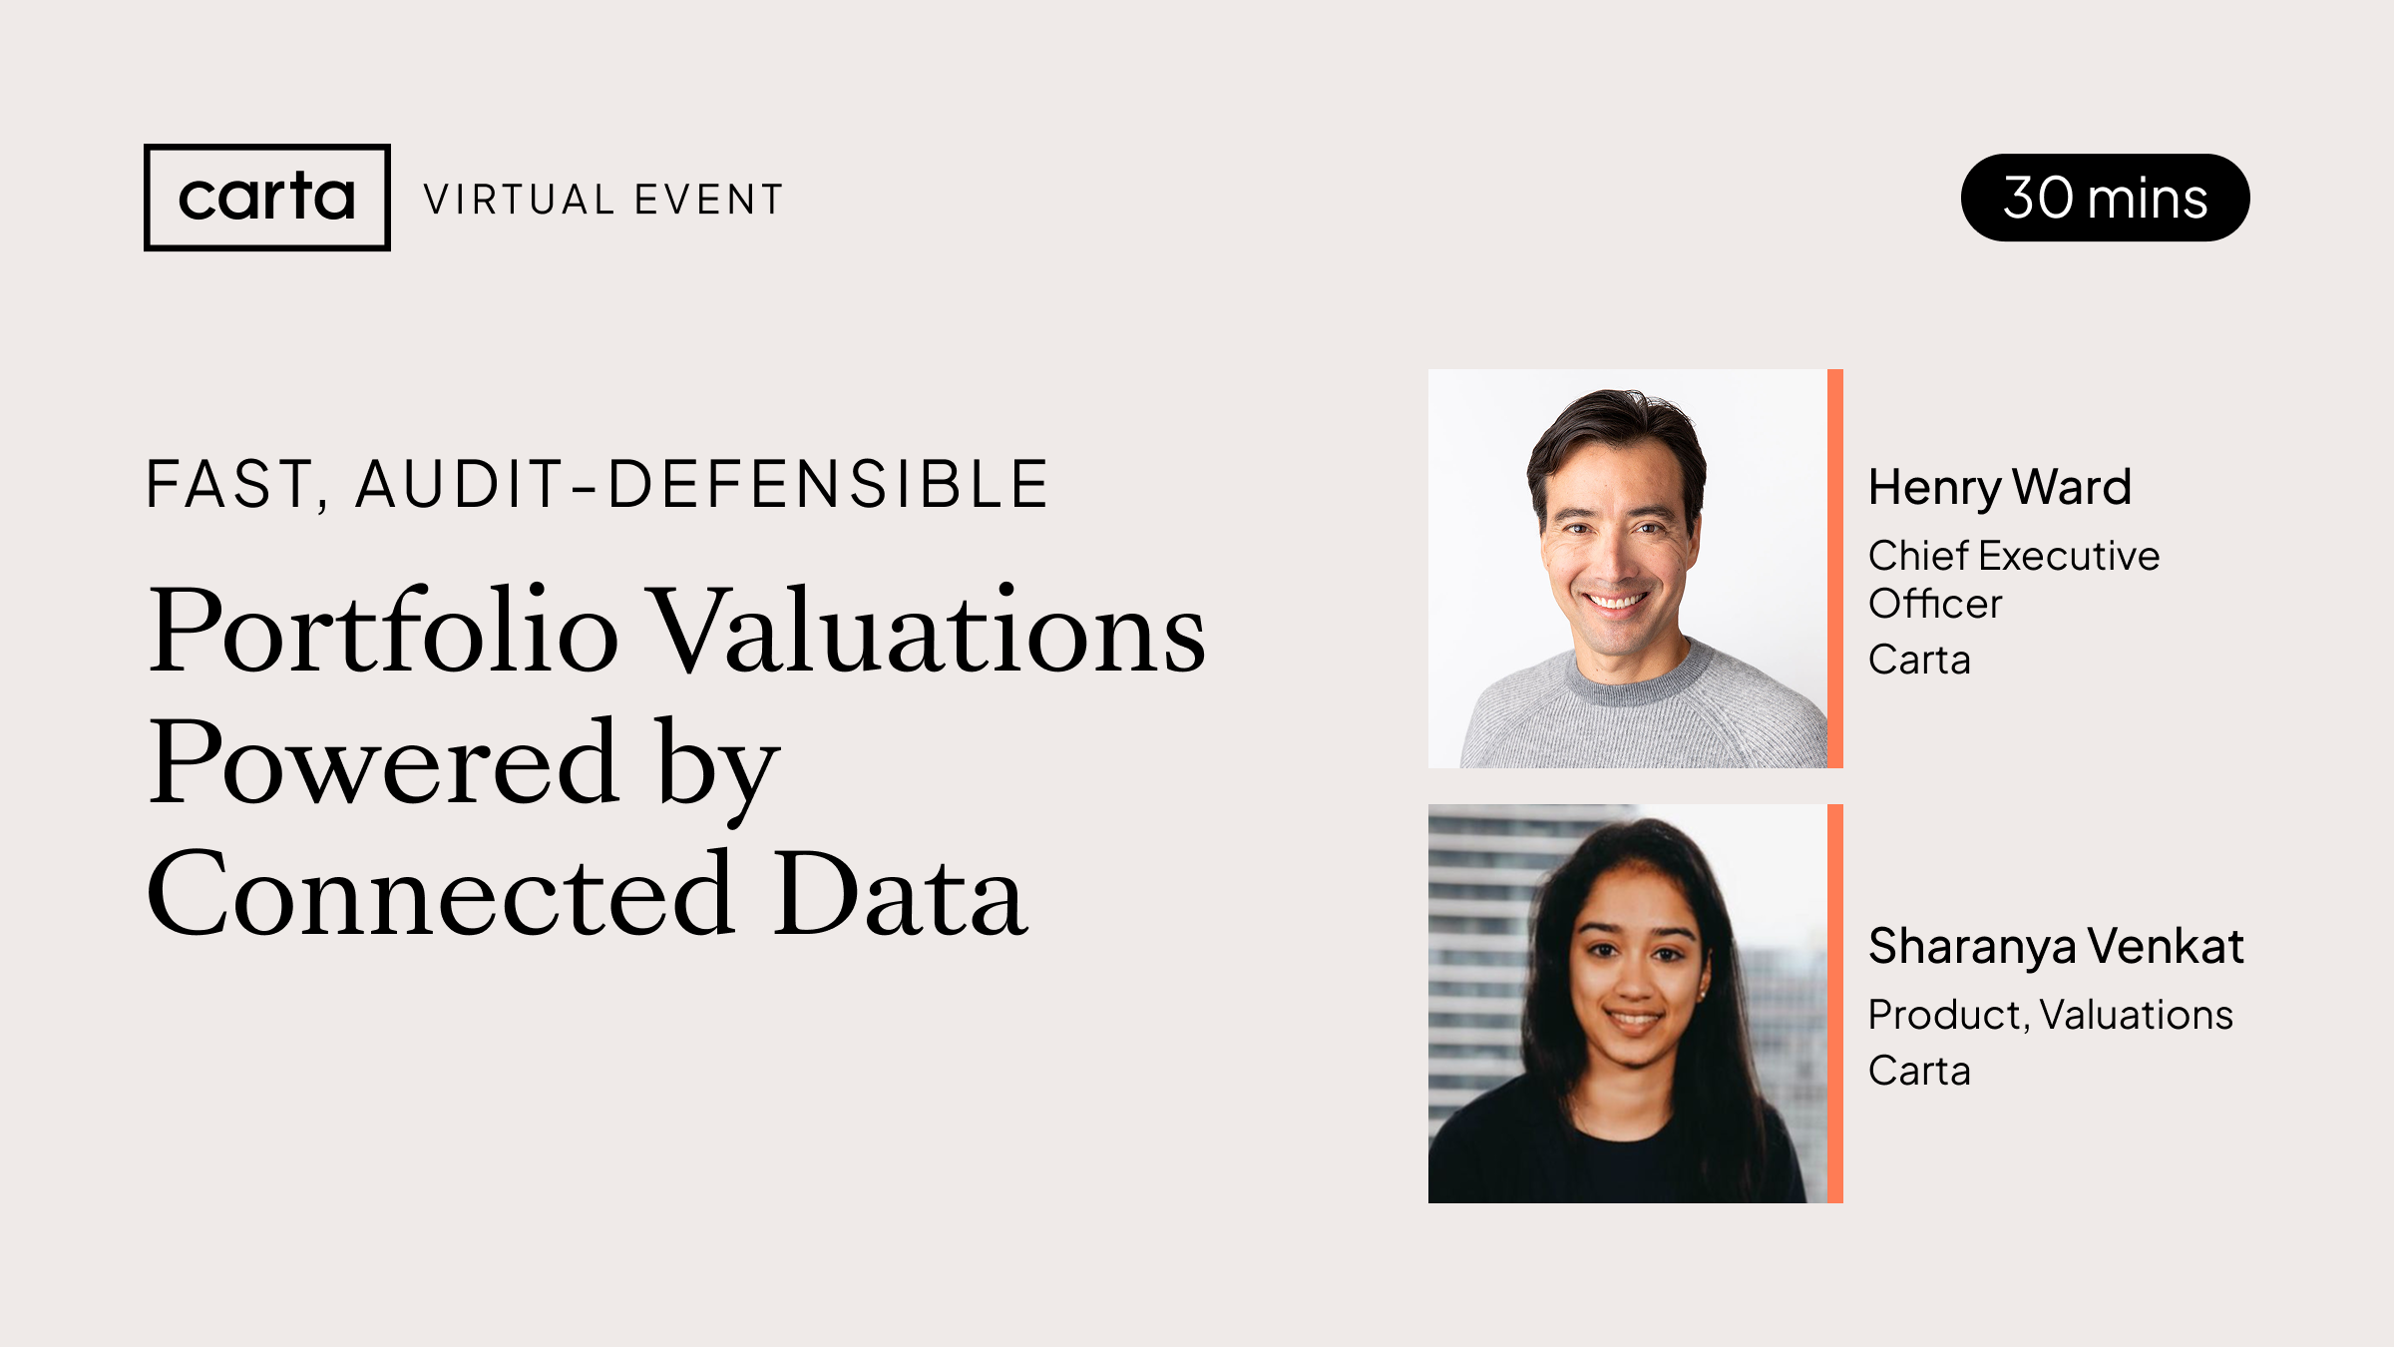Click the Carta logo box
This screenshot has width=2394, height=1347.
(266, 198)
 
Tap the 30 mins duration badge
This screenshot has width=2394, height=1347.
(2105, 198)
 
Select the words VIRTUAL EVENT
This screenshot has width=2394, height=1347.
(603, 200)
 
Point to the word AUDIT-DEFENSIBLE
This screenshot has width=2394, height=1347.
(701, 485)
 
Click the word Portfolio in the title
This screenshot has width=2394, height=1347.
(383, 631)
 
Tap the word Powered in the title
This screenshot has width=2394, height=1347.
(383, 763)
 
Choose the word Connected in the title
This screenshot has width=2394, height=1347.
(441, 894)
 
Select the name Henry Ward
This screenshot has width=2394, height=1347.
(1999, 488)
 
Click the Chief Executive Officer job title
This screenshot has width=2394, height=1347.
(2013, 579)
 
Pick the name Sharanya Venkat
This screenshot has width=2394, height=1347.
(2055, 946)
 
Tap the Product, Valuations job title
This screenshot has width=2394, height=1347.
(2050, 1015)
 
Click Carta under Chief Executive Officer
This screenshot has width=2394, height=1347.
(1919, 660)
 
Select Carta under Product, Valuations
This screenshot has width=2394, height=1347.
(1919, 1071)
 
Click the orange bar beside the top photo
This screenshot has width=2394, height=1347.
(1834, 569)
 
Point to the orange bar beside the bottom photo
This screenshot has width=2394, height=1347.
(1834, 1004)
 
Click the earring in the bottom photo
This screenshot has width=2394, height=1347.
(1702, 995)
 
